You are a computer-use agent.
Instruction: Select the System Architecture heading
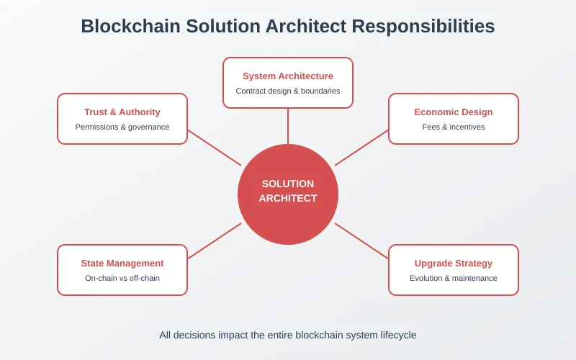[288, 76]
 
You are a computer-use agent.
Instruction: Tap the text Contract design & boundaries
[288, 91]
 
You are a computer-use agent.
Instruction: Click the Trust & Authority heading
[122, 112]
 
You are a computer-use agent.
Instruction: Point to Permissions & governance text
[122, 127]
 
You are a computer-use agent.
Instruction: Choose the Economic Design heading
[454, 112]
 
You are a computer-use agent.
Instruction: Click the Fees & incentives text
[454, 127]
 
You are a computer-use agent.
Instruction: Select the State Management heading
[122, 264]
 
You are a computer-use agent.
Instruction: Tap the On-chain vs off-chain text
[122, 279]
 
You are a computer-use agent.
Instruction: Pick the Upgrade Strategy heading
[454, 264]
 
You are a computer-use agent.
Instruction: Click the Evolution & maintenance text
[454, 279]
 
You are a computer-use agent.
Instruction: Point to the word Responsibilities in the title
[423, 27]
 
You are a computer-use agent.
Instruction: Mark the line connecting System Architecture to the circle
[288, 126]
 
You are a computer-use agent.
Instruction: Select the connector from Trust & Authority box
[215, 148]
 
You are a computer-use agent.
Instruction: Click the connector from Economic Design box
[361, 148]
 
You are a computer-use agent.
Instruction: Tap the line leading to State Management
[215, 241]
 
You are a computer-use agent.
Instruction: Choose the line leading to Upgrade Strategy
[361, 241]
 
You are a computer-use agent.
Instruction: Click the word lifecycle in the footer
[395, 335]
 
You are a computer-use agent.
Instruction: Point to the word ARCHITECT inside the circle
[288, 199]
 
